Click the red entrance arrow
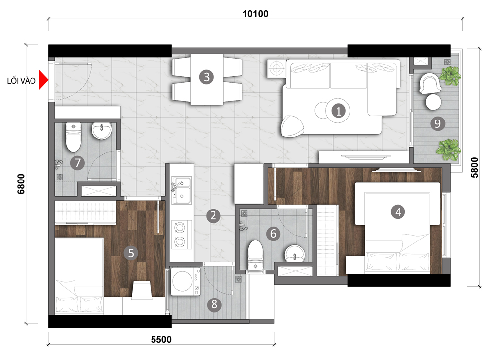click(x=43, y=80)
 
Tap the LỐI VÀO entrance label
click(x=21, y=81)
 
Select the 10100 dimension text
click(x=255, y=14)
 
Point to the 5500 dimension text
click(x=161, y=340)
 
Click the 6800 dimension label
click(x=21, y=184)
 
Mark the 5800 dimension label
click(x=474, y=167)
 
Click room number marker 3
click(x=207, y=77)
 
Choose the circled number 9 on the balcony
click(x=438, y=123)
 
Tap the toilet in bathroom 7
click(x=73, y=137)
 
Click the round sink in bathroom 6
click(x=294, y=253)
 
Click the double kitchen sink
click(x=182, y=190)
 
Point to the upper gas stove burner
click(x=180, y=227)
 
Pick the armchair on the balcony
click(x=430, y=84)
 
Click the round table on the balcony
click(x=433, y=102)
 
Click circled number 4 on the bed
click(x=398, y=212)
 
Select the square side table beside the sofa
click(x=276, y=68)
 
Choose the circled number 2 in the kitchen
click(x=214, y=216)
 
